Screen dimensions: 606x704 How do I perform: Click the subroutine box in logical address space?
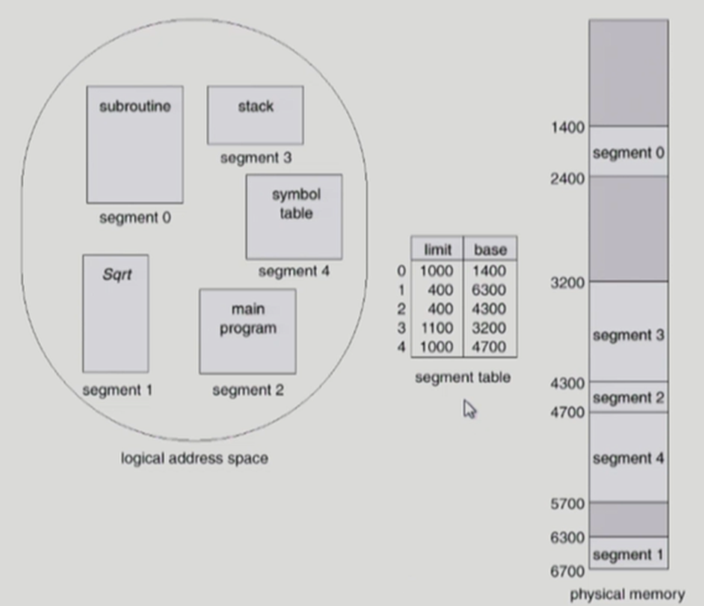pyautogui.click(x=135, y=144)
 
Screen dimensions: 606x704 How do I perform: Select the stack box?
pyautogui.click(x=255, y=114)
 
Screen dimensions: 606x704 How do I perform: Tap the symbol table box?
pyautogui.click(x=293, y=216)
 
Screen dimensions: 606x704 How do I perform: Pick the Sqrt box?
pyautogui.click(x=115, y=313)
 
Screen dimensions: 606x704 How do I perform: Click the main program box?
pyautogui.click(x=247, y=331)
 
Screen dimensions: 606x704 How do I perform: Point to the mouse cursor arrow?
pyautogui.click(x=469, y=408)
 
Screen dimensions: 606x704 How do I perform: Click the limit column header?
pyautogui.click(x=437, y=249)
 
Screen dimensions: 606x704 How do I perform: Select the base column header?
pyautogui.click(x=490, y=249)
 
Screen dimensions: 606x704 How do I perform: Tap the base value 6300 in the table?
pyautogui.click(x=489, y=287)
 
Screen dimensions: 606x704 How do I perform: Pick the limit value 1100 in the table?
pyautogui.click(x=436, y=327)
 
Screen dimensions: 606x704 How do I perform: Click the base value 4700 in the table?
pyautogui.click(x=489, y=347)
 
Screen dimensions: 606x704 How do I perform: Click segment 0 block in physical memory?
pyautogui.click(x=628, y=152)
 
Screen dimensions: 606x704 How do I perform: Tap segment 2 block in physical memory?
pyautogui.click(x=628, y=397)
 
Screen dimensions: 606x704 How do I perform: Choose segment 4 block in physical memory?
pyautogui.click(x=628, y=457)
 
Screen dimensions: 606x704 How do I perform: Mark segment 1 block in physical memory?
pyautogui.click(x=628, y=554)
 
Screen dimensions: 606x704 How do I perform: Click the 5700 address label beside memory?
pyautogui.click(x=568, y=504)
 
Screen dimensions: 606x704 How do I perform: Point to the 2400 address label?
pyautogui.click(x=568, y=178)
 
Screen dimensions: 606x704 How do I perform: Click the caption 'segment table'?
pyautogui.click(x=462, y=377)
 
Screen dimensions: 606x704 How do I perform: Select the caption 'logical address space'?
pyautogui.click(x=194, y=458)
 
